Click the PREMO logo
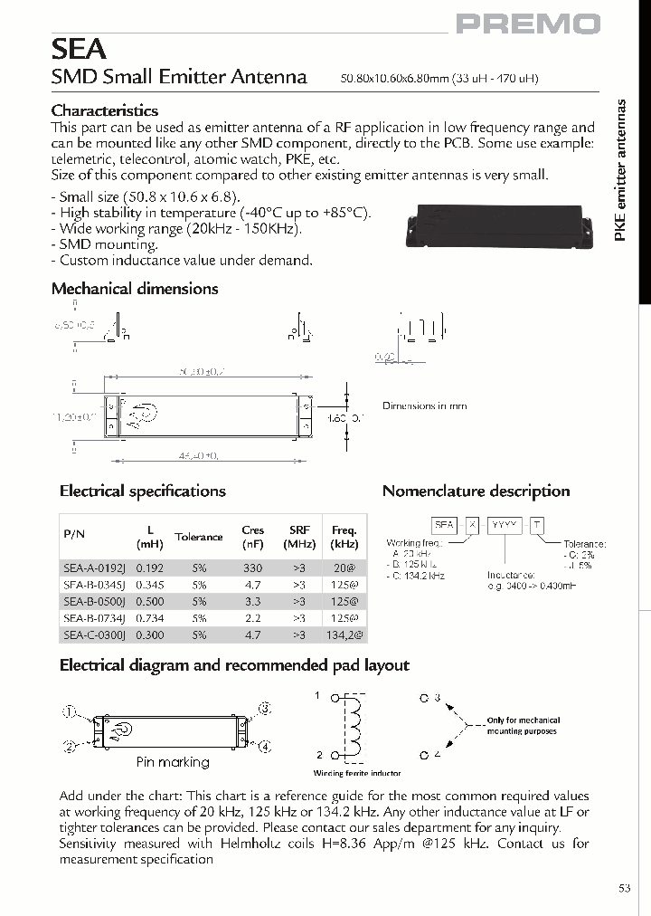click(x=528, y=24)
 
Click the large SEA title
click(x=79, y=48)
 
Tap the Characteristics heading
click(x=105, y=110)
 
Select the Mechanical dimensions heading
click(x=135, y=289)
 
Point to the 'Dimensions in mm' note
click(x=425, y=406)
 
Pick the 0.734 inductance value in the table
click(x=149, y=618)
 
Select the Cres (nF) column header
click(x=253, y=537)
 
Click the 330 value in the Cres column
click(x=253, y=568)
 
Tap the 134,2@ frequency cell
click(x=344, y=635)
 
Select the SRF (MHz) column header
click(x=299, y=537)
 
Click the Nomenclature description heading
click(x=476, y=491)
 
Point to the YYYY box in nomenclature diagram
click(x=503, y=525)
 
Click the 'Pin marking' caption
click(x=173, y=762)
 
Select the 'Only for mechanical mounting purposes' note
click(x=523, y=726)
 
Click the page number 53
click(x=624, y=889)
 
